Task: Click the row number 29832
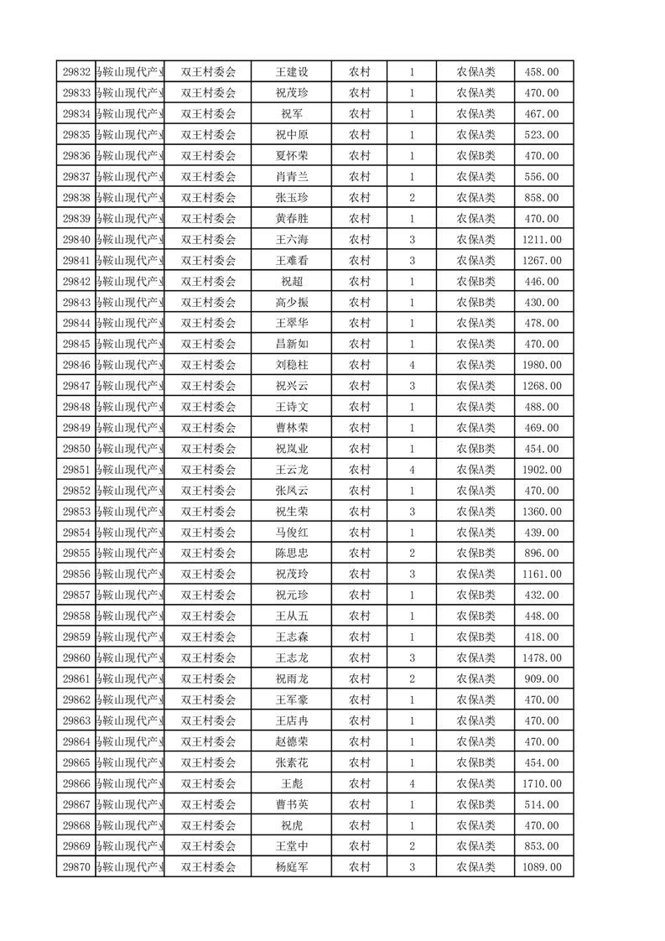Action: (76, 72)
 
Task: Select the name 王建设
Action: (292, 72)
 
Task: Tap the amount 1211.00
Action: (541, 240)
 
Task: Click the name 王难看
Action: (292, 261)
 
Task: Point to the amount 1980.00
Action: (541, 365)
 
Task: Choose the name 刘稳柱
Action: (292, 365)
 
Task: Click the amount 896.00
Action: (541, 554)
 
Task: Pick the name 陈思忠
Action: (292, 554)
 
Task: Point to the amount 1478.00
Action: (541, 658)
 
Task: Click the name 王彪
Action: (292, 783)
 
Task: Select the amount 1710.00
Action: (541, 783)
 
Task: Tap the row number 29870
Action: (76, 867)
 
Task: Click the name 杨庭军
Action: (292, 867)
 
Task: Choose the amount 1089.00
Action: (541, 867)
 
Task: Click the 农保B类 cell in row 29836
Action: (475, 156)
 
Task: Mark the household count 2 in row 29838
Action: (412, 198)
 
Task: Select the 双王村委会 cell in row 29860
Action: (209, 658)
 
